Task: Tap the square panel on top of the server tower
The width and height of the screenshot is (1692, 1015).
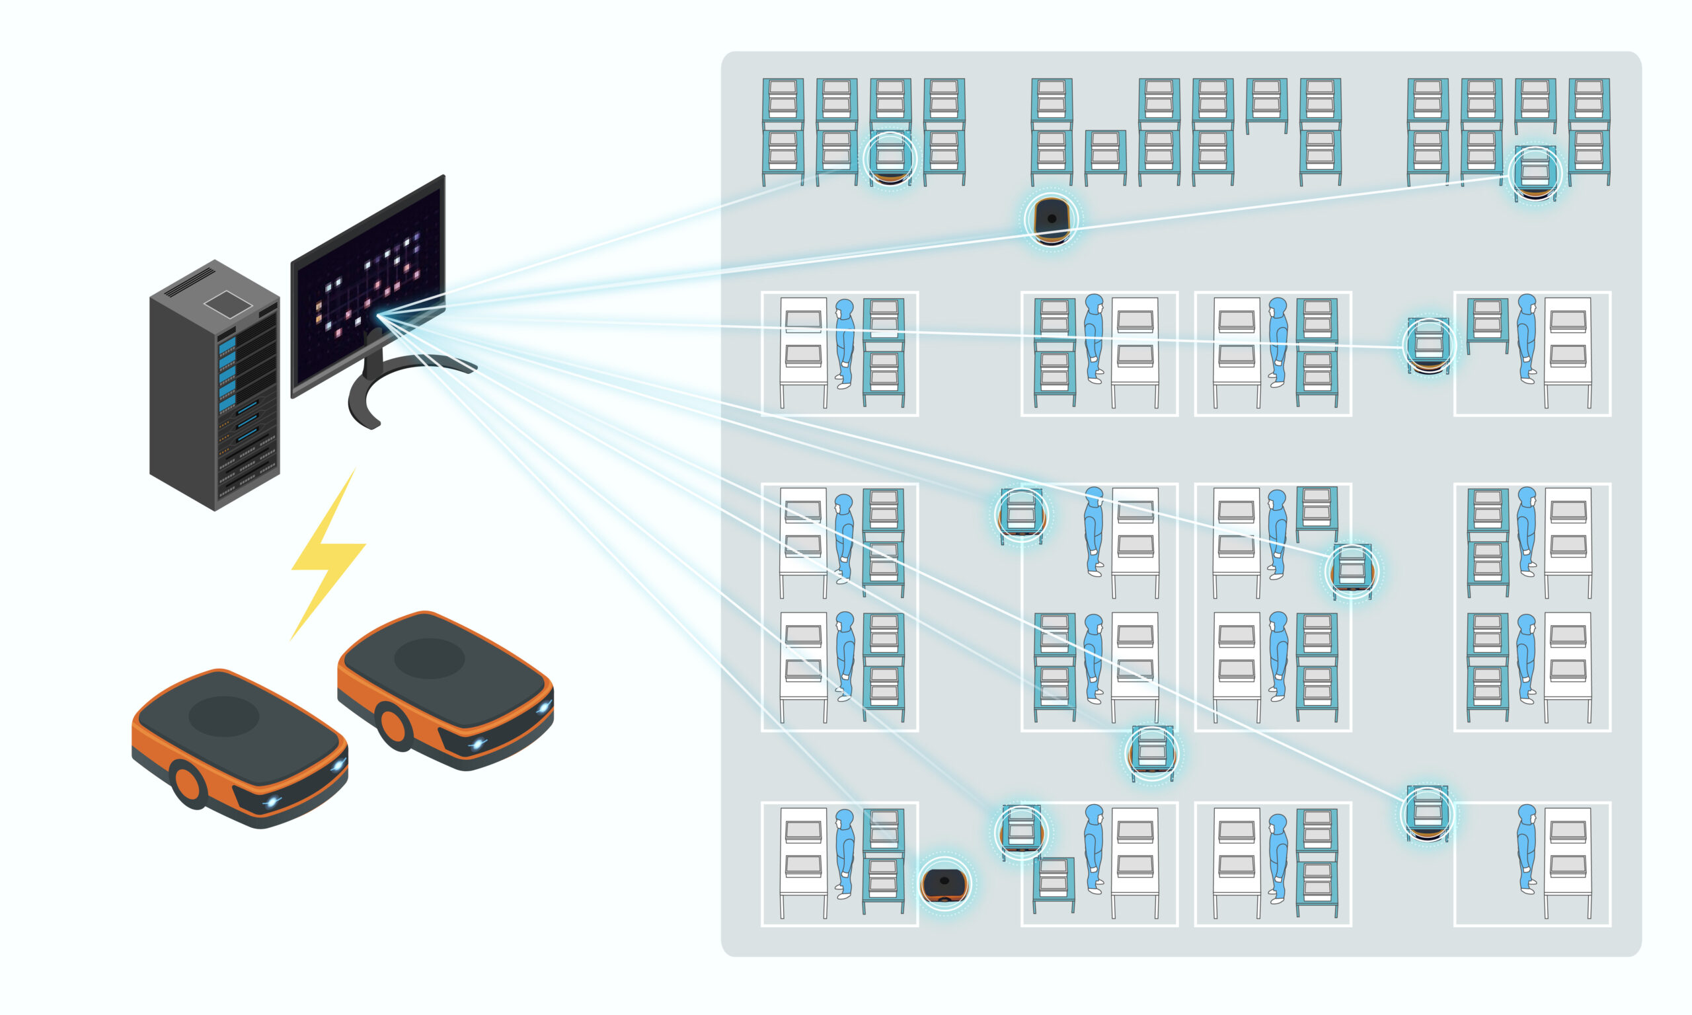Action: pyautogui.click(x=228, y=305)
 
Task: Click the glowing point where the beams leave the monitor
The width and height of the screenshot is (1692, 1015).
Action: pyautogui.click(x=379, y=316)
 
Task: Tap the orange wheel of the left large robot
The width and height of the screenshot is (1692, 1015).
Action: pyautogui.click(x=186, y=784)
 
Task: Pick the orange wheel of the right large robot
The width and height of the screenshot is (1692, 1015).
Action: pyautogui.click(x=394, y=726)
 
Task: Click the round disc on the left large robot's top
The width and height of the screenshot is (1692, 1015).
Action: pyautogui.click(x=223, y=716)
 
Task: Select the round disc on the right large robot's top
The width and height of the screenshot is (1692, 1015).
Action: pyautogui.click(x=430, y=658)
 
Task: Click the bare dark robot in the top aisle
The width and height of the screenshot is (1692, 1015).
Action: pyautogui.click(x=1051, y=219)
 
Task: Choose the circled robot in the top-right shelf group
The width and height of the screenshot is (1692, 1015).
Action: pyautogui.click(x=1535, y=173)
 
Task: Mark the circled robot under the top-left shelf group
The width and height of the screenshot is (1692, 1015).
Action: pyautogui.click(x=890, y=159)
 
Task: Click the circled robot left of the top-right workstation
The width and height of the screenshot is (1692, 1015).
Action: pyautogui.click(x=1429, y=346)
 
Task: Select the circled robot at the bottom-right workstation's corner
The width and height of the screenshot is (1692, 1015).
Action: pyautogui.click(x=1428, y=813)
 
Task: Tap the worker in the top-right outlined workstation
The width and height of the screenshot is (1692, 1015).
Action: pyautogui.click(x=1527, y=338)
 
